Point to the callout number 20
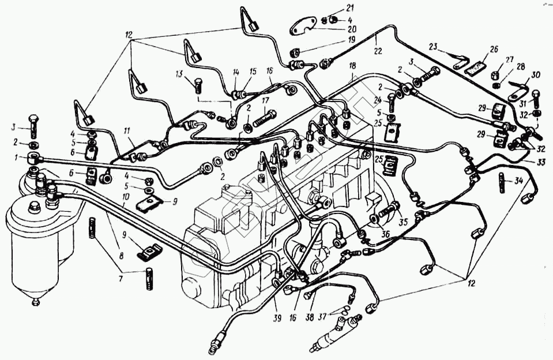pyautogui.click(x=335, y=28)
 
